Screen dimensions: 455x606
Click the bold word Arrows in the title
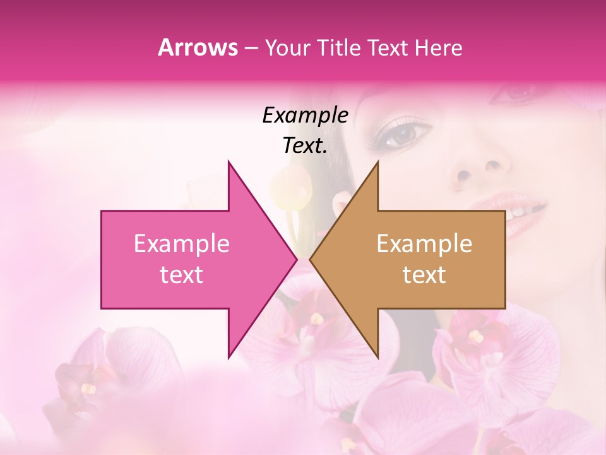[x=198, y=47]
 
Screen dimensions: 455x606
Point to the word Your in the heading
[x=285, y=48]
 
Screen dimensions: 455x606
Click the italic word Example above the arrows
[x=305, y=115]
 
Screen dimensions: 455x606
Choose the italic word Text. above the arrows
[x=305, y=145]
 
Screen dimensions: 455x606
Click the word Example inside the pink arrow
[x=182, y=244]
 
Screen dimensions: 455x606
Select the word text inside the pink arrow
[x=182, y=275]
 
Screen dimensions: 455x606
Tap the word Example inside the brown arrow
[x=424, y=244]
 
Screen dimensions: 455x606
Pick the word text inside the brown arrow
[x=424, y=275]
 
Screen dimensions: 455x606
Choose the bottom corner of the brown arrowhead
[x=377, y=357]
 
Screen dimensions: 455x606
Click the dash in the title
[x=251, y=48]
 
